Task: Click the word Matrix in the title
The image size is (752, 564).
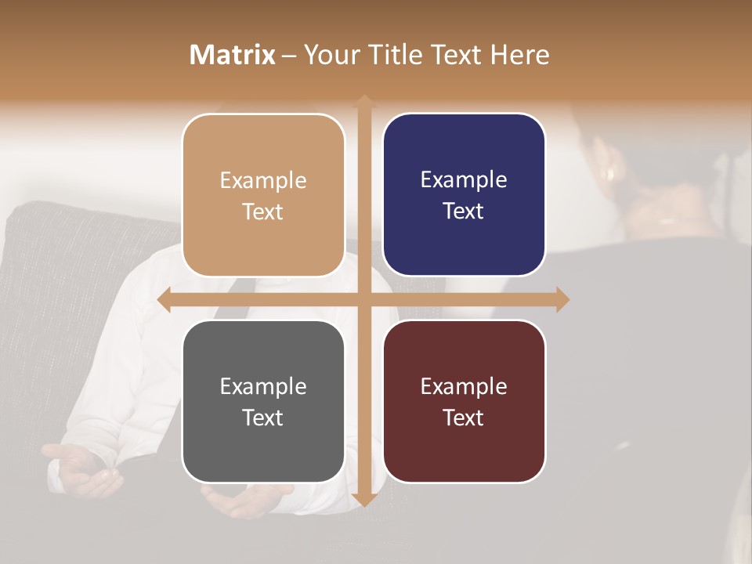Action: click(x=233, y=55)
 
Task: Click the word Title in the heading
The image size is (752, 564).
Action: click(x=392, y=55)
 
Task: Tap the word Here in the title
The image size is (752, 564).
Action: click(x=519, y=55)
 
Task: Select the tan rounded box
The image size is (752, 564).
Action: click(x=263, y=195)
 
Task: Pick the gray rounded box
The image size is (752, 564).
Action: click(x=263, y=401)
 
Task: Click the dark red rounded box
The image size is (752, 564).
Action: click(x=464, y=401)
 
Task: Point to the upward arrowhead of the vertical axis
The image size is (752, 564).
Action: click(x=363, y=100)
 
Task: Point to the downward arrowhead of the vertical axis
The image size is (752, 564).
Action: click(x=363, y=499)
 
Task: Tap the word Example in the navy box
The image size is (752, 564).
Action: click(x=464, y=179)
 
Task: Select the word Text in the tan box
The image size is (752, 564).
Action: click(x=263, y=211)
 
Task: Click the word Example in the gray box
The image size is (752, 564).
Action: click(x=263, y=386)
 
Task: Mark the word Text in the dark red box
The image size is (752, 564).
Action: click(x=464, y=418)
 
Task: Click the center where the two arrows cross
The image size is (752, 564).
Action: click(x=363, y=299)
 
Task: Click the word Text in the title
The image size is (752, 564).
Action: click(x=457, y=55)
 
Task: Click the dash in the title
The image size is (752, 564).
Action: click(x=289, y=56)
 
